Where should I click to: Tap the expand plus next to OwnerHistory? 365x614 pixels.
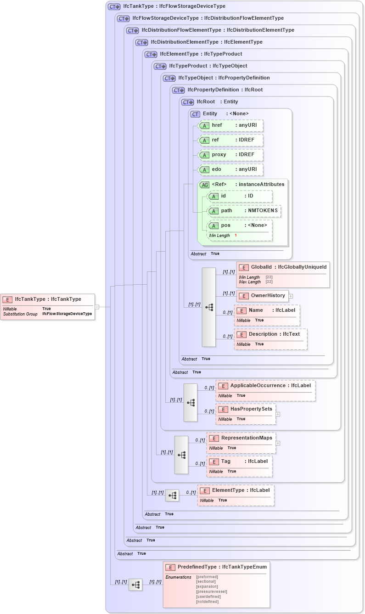pos(291,296)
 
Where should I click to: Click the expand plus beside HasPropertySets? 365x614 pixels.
pos(278,414)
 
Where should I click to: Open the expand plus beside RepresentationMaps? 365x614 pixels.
pos(278,443)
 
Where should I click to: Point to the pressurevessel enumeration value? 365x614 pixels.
pos(211,591)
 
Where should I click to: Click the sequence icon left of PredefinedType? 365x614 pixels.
pos(135,585)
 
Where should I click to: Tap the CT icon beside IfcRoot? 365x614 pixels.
pos(187,102)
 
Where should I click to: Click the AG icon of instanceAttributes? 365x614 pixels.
pos(205,185)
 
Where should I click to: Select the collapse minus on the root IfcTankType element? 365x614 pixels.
pos(97,306)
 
